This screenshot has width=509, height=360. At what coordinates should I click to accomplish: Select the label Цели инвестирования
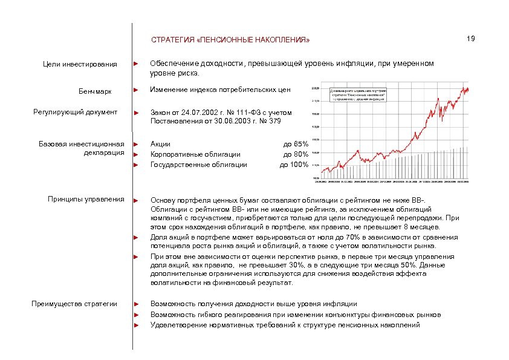(x=83, y=64)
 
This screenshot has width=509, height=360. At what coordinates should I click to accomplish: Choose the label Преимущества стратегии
(x=75, y=304)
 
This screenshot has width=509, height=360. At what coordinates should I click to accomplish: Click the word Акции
(x=160, y=144)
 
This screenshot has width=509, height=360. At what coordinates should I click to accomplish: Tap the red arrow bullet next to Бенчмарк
(x=137, y=91)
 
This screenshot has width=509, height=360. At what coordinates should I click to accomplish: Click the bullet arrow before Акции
(x=137, y=144)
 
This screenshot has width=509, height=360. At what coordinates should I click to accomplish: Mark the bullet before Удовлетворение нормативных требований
(x=137, y=325)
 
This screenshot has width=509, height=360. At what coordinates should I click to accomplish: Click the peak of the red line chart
(x=465, y=88)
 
